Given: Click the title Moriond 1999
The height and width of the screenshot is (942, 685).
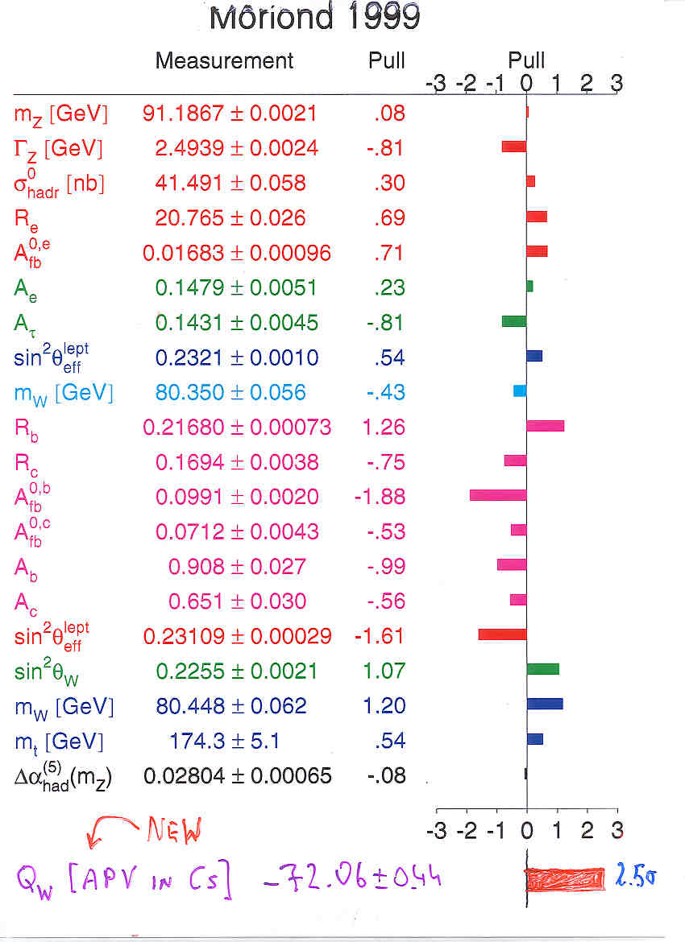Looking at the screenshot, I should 314,17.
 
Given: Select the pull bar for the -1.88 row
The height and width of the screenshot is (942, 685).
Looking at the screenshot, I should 498,495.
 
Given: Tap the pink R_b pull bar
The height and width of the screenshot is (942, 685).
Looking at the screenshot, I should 545,426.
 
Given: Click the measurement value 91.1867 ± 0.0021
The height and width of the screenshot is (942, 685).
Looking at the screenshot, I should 230,114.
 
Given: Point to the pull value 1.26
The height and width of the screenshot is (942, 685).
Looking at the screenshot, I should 384,428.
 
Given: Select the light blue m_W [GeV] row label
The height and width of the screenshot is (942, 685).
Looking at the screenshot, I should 64,393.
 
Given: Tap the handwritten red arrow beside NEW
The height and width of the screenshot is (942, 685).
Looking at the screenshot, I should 113,829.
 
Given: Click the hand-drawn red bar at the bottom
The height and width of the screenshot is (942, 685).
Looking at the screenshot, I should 565,878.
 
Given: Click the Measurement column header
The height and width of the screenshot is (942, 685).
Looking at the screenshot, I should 224,60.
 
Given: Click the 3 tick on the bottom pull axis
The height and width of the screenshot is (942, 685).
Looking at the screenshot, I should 616,829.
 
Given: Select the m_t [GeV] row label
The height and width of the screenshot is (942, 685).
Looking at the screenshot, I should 59,741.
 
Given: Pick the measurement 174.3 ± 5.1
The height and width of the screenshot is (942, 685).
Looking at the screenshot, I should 225,741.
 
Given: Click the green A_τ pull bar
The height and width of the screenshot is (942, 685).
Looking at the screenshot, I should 514,321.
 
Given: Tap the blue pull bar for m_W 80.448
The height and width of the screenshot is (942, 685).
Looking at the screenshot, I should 545,704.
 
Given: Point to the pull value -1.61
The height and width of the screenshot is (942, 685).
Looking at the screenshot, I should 379,636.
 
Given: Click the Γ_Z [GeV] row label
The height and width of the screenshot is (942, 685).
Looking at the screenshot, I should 59,148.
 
